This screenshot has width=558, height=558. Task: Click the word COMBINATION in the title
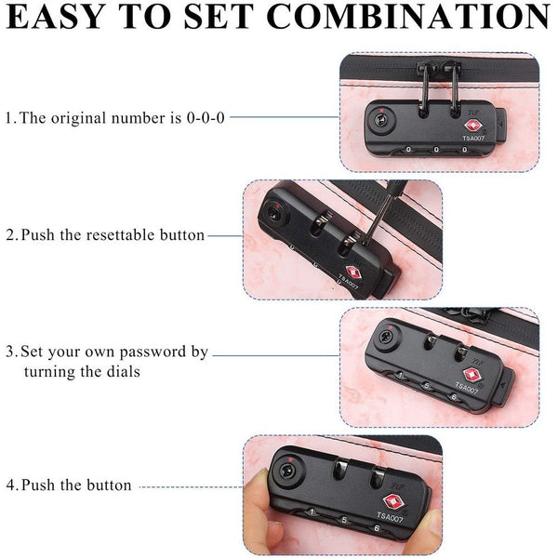pos(408,17)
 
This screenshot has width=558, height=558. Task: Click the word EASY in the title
pos(55,17)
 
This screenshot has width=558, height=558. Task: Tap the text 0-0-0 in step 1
pos(206,118)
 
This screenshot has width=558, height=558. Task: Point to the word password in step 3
pos(153,352)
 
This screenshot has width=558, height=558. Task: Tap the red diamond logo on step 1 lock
pos(472,126)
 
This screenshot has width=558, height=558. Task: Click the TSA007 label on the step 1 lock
pos(473,138)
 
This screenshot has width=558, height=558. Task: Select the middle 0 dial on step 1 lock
pos(436,150)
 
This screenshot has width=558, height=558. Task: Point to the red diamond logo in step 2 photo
pos(353,272)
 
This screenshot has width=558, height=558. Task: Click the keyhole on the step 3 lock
pos(385,337)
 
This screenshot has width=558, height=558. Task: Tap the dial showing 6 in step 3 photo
pos(454,397)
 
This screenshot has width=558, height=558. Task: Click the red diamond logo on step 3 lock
pos(472,375)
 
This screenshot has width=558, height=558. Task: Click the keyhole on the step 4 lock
pos(287,472)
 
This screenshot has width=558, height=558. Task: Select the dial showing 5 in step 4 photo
pos(344,520)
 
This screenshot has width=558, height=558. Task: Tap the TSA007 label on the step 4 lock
pos(390,516)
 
